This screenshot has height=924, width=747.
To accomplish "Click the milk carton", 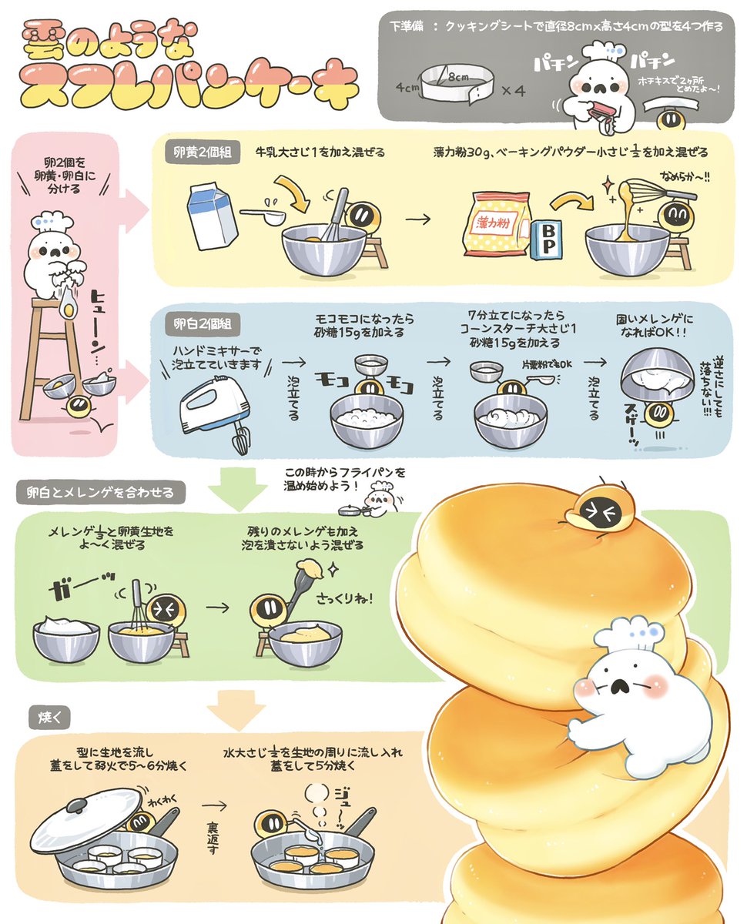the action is pos(212,216).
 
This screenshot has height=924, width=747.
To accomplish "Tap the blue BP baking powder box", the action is pos(547,240).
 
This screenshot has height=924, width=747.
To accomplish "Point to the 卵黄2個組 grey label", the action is pos(202,152).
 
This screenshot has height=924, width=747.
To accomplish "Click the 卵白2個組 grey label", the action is pos(202,323).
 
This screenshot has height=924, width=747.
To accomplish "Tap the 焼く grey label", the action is pos(49,718).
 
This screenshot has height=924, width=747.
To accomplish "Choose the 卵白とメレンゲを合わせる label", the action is pos(101,492).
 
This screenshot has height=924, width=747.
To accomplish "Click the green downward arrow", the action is pos(238,488).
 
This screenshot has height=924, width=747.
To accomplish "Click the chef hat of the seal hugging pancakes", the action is pos(629,634).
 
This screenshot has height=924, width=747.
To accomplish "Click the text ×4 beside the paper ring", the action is pos(514,91).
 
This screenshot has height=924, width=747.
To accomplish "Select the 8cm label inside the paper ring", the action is pos(458,77).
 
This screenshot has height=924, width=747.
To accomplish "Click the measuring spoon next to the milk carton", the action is pos(263,216).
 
